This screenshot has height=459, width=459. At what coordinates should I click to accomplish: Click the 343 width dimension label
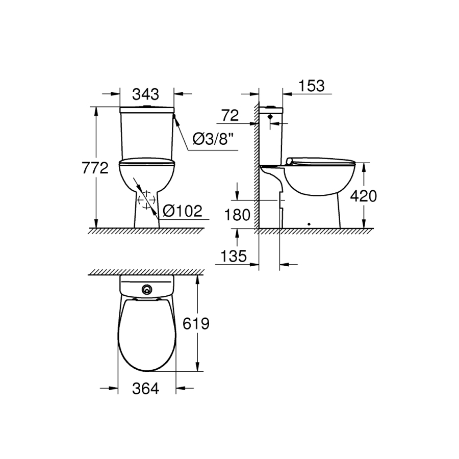point(145,94)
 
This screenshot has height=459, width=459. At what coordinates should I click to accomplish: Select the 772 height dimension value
point(95,168)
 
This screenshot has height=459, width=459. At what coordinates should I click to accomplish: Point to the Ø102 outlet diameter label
point(183,211)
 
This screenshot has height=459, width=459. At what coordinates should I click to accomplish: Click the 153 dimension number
point(312,86)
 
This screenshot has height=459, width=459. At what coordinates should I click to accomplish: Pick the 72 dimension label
point(230,115)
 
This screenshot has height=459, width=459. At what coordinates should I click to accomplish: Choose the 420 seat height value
point(364,196)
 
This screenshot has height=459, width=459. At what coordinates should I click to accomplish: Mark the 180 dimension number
point(237,215)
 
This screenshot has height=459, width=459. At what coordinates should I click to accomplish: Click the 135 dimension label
point(234,256)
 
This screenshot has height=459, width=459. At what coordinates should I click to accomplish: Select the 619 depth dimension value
point(196,324)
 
